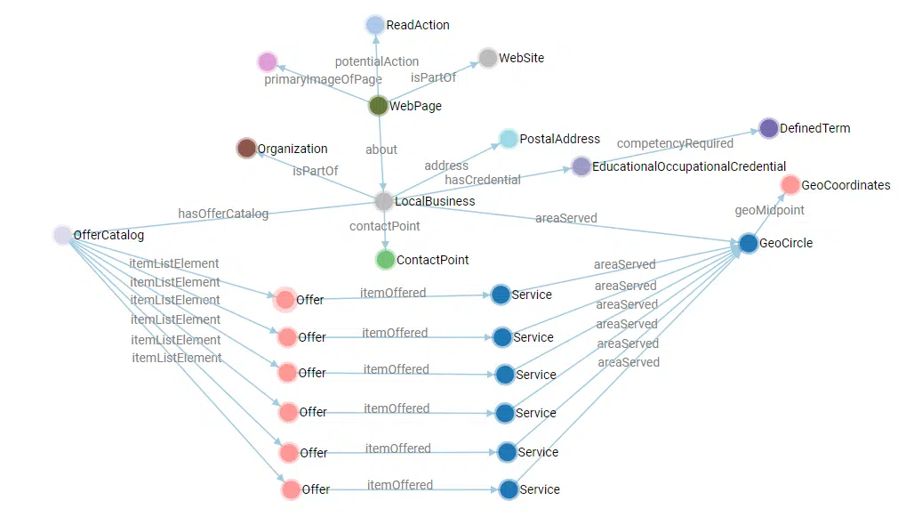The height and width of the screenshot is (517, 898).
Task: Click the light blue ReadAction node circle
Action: pyautogui.click(x=375, y=25)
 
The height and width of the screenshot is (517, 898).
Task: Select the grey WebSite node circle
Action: pyautogui.click(x=488, y=58)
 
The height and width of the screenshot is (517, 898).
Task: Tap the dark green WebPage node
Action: pyautogui.click(x=379, y=106)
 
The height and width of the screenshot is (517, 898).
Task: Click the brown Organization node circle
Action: pyautogui.click(x=246, y=149)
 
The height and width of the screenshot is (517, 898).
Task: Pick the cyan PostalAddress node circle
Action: pyautogui.click(x=509, y=139)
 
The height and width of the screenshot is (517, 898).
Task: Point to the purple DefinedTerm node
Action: pyautogui.click(x=769, y=128)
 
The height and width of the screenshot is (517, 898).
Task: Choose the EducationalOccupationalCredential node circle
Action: pyautogui.click(x=581, y=166)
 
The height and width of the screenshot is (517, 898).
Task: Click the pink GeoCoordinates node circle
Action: pyautogui.click(x=790, y=185)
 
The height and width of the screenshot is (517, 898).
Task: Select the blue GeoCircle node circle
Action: pyautogui.click(x=749, y=243)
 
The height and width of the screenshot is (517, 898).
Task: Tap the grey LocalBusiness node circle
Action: pyautogui.click(x=384, y=201)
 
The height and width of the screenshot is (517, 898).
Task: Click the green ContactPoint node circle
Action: pyautogui.click(x=385, y=260)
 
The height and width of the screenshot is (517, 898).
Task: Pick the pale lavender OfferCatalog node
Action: pyautogui.click(x=62, y=235)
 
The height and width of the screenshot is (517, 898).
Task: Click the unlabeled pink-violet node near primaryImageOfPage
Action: pyautogui.click(x=268, y=61)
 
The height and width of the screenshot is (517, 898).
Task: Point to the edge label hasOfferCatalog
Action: pyautogui.click(x=223, y=214)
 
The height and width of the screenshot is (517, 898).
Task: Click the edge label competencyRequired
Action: pyautogui.click(x=675, y=143)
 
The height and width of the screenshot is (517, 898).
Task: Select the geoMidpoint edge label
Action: pyautogui.click(x=769, y=211)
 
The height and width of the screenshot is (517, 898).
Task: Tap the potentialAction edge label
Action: pyautogui.click(x=377, y=61)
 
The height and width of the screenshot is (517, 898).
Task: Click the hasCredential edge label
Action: pyautogui.click(x=483, y=180)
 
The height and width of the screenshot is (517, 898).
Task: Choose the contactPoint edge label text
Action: pyautogui.click(x=384, y=226)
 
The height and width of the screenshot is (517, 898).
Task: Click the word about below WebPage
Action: pyautogui.click(x=381, y=149)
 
